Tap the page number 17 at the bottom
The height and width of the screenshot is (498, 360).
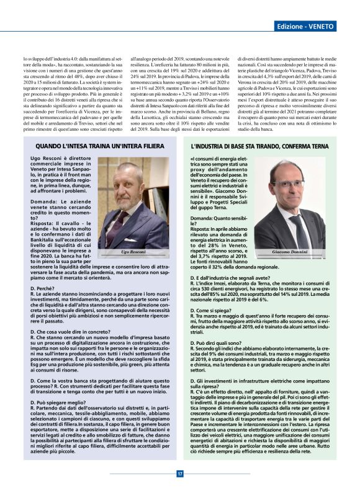click(x=180, y=474)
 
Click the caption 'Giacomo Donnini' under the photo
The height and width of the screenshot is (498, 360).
click(x=291, y=252)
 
